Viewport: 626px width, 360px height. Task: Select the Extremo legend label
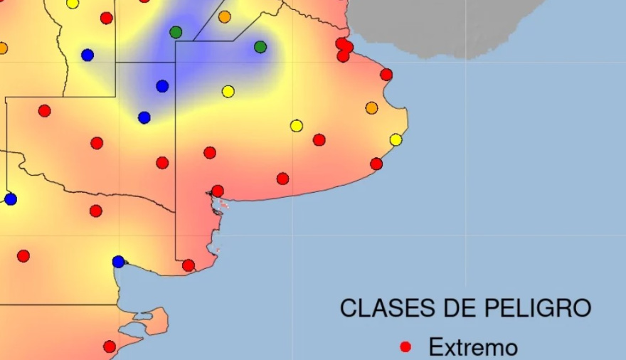tap(472, 347)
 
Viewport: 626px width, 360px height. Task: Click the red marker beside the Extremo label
tap(405, 347)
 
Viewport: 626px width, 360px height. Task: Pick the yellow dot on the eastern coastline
tap(396, 139)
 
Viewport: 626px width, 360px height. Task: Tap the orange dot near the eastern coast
tap(371, 108)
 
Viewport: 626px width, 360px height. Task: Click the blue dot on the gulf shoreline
tap(118, 262)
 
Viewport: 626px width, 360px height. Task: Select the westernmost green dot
tap(176, 32)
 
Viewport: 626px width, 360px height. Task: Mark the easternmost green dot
tap(260, 47)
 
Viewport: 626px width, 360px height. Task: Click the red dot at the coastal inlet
tap(218, 191)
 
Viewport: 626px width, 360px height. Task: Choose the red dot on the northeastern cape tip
tap(386, 74)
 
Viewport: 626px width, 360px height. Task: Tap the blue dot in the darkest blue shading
tap(162, 86)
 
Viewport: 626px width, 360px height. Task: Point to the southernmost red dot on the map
tap(110, 346)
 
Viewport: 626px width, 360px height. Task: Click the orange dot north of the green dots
tap(225, 16)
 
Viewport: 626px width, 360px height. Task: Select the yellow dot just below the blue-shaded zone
tap(228, 91)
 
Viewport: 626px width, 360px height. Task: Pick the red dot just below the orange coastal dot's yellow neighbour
tap(376, 164)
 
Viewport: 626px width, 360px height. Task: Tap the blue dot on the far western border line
tap(10, 199)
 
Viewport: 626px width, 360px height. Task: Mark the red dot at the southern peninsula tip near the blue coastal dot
tap(188, 265)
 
